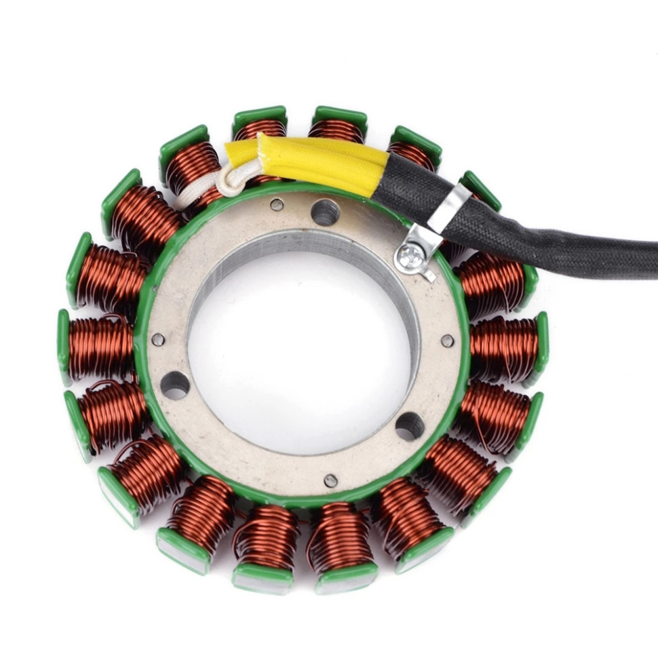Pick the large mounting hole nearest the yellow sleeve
325,213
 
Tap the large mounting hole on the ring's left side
174,385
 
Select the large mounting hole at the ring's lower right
410,426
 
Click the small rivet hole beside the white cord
277,204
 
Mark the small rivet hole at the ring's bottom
330,480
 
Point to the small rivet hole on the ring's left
158,339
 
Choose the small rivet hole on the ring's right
448,341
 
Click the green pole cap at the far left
63,347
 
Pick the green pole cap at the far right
542,347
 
